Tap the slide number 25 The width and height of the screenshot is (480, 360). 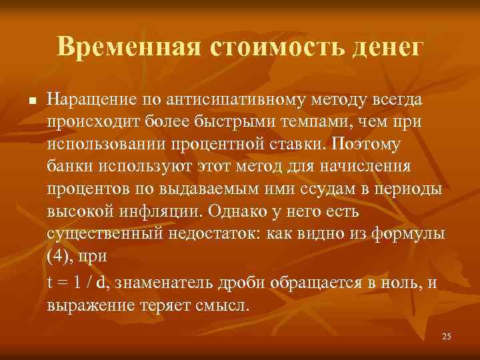(447, 337)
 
